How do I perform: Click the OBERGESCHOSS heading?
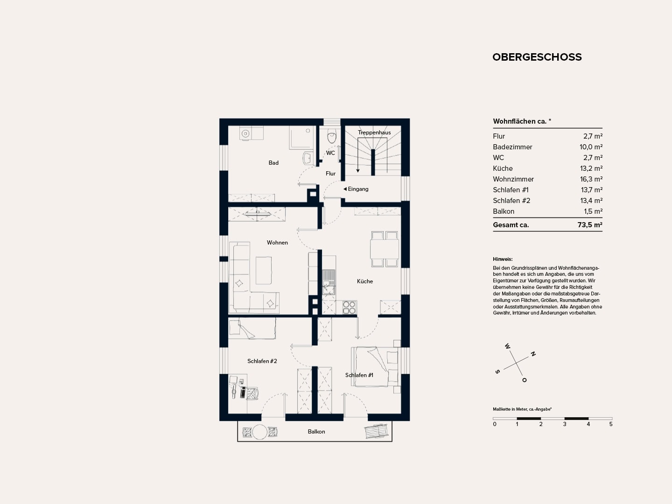[537, 57]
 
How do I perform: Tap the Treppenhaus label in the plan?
[374, 133]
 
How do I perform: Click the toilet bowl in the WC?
[331, 136]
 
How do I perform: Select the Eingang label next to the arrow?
[358, 189]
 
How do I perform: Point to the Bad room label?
[273, 163]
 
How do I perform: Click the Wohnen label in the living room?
[277, 243]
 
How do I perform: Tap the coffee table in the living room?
[264, 271]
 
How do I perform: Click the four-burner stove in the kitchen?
[349, 308]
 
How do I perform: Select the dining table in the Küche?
[385, 249]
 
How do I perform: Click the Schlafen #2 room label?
[262, 361]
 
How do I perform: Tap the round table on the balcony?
[259, 432]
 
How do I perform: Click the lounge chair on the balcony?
[376, 431]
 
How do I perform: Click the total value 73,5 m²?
[590, 225]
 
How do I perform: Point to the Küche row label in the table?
[503, 168]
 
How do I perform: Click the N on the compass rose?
[533, 354]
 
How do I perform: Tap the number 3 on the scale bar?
[565, 424]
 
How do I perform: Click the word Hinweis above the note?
[503, 259]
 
